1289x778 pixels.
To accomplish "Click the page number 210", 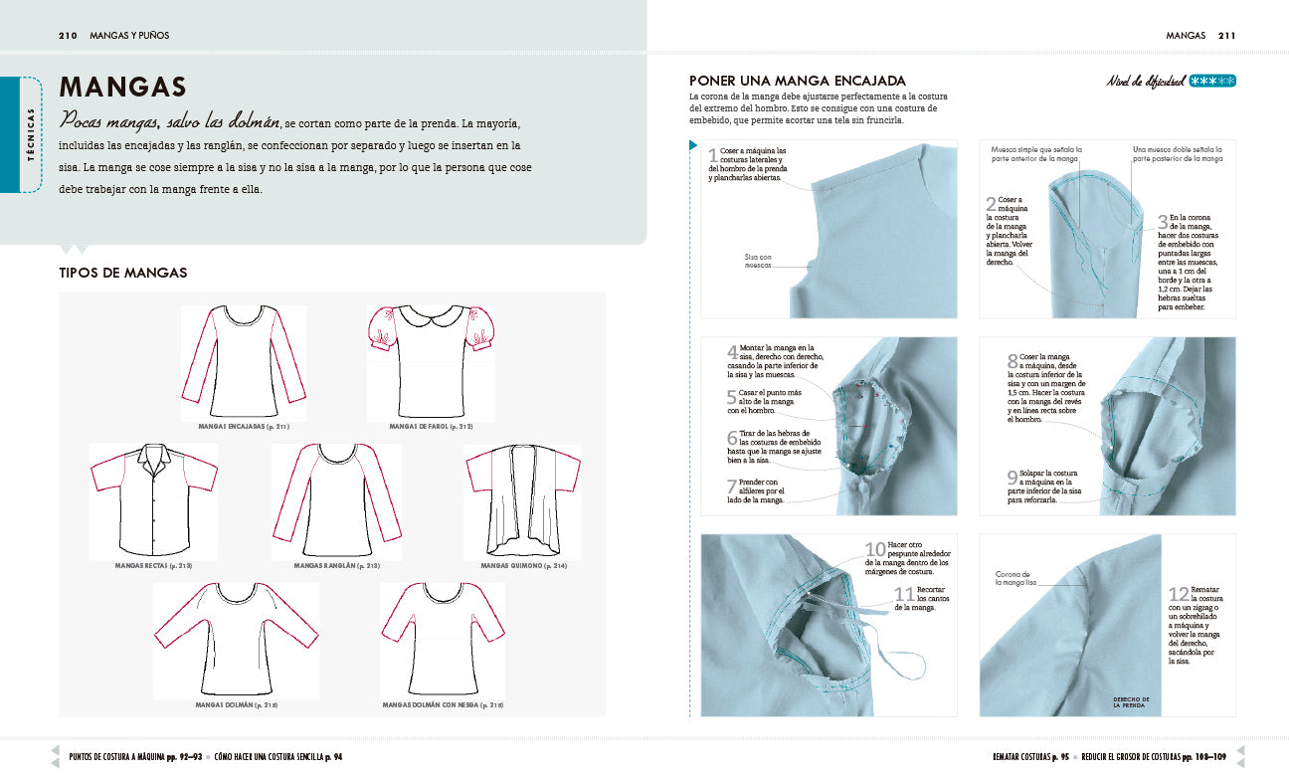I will click(68, 36).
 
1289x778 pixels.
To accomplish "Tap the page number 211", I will click(1225, 36).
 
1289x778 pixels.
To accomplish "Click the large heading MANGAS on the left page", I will click(123, 88).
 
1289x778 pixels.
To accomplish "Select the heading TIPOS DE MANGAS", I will click(123, 273).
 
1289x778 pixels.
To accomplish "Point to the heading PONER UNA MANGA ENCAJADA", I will click(798, 81).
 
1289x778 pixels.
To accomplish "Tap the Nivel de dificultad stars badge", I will click(1212, 82).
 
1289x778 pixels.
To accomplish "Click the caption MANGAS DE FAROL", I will click(432, 426).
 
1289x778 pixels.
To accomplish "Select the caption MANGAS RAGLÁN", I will click(337, 565).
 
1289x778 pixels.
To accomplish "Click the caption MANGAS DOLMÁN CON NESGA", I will click(443, 704).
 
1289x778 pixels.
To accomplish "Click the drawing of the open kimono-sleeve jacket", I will click(523, 501).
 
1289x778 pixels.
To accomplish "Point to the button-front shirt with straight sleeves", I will click(153, 501).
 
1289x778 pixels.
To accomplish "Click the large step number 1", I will click(712, 155).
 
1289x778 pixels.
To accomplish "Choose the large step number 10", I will click(874, 550).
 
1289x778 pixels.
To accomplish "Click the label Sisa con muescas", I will click(758, 262).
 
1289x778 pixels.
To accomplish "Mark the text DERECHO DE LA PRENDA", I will click(1131, 702).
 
